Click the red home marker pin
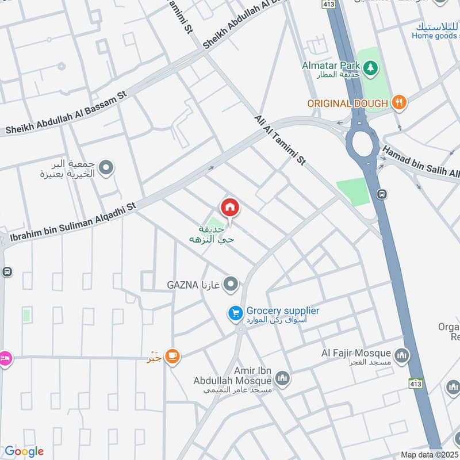click(229, 208)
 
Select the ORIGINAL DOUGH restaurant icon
click(398, 103)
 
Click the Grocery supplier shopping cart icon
click(235, 313)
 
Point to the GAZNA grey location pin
click(231, 283)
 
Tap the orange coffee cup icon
click(172, 357)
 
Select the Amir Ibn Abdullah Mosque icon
click(282, 378)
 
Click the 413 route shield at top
click(328, 3)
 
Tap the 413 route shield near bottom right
click(416, 383)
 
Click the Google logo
click(24, 451)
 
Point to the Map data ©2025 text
click(429, 454)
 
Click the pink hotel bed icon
click(5, 357)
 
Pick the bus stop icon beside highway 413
click(381, 194)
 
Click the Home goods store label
click(435, 36)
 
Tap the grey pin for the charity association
click(106, 168)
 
